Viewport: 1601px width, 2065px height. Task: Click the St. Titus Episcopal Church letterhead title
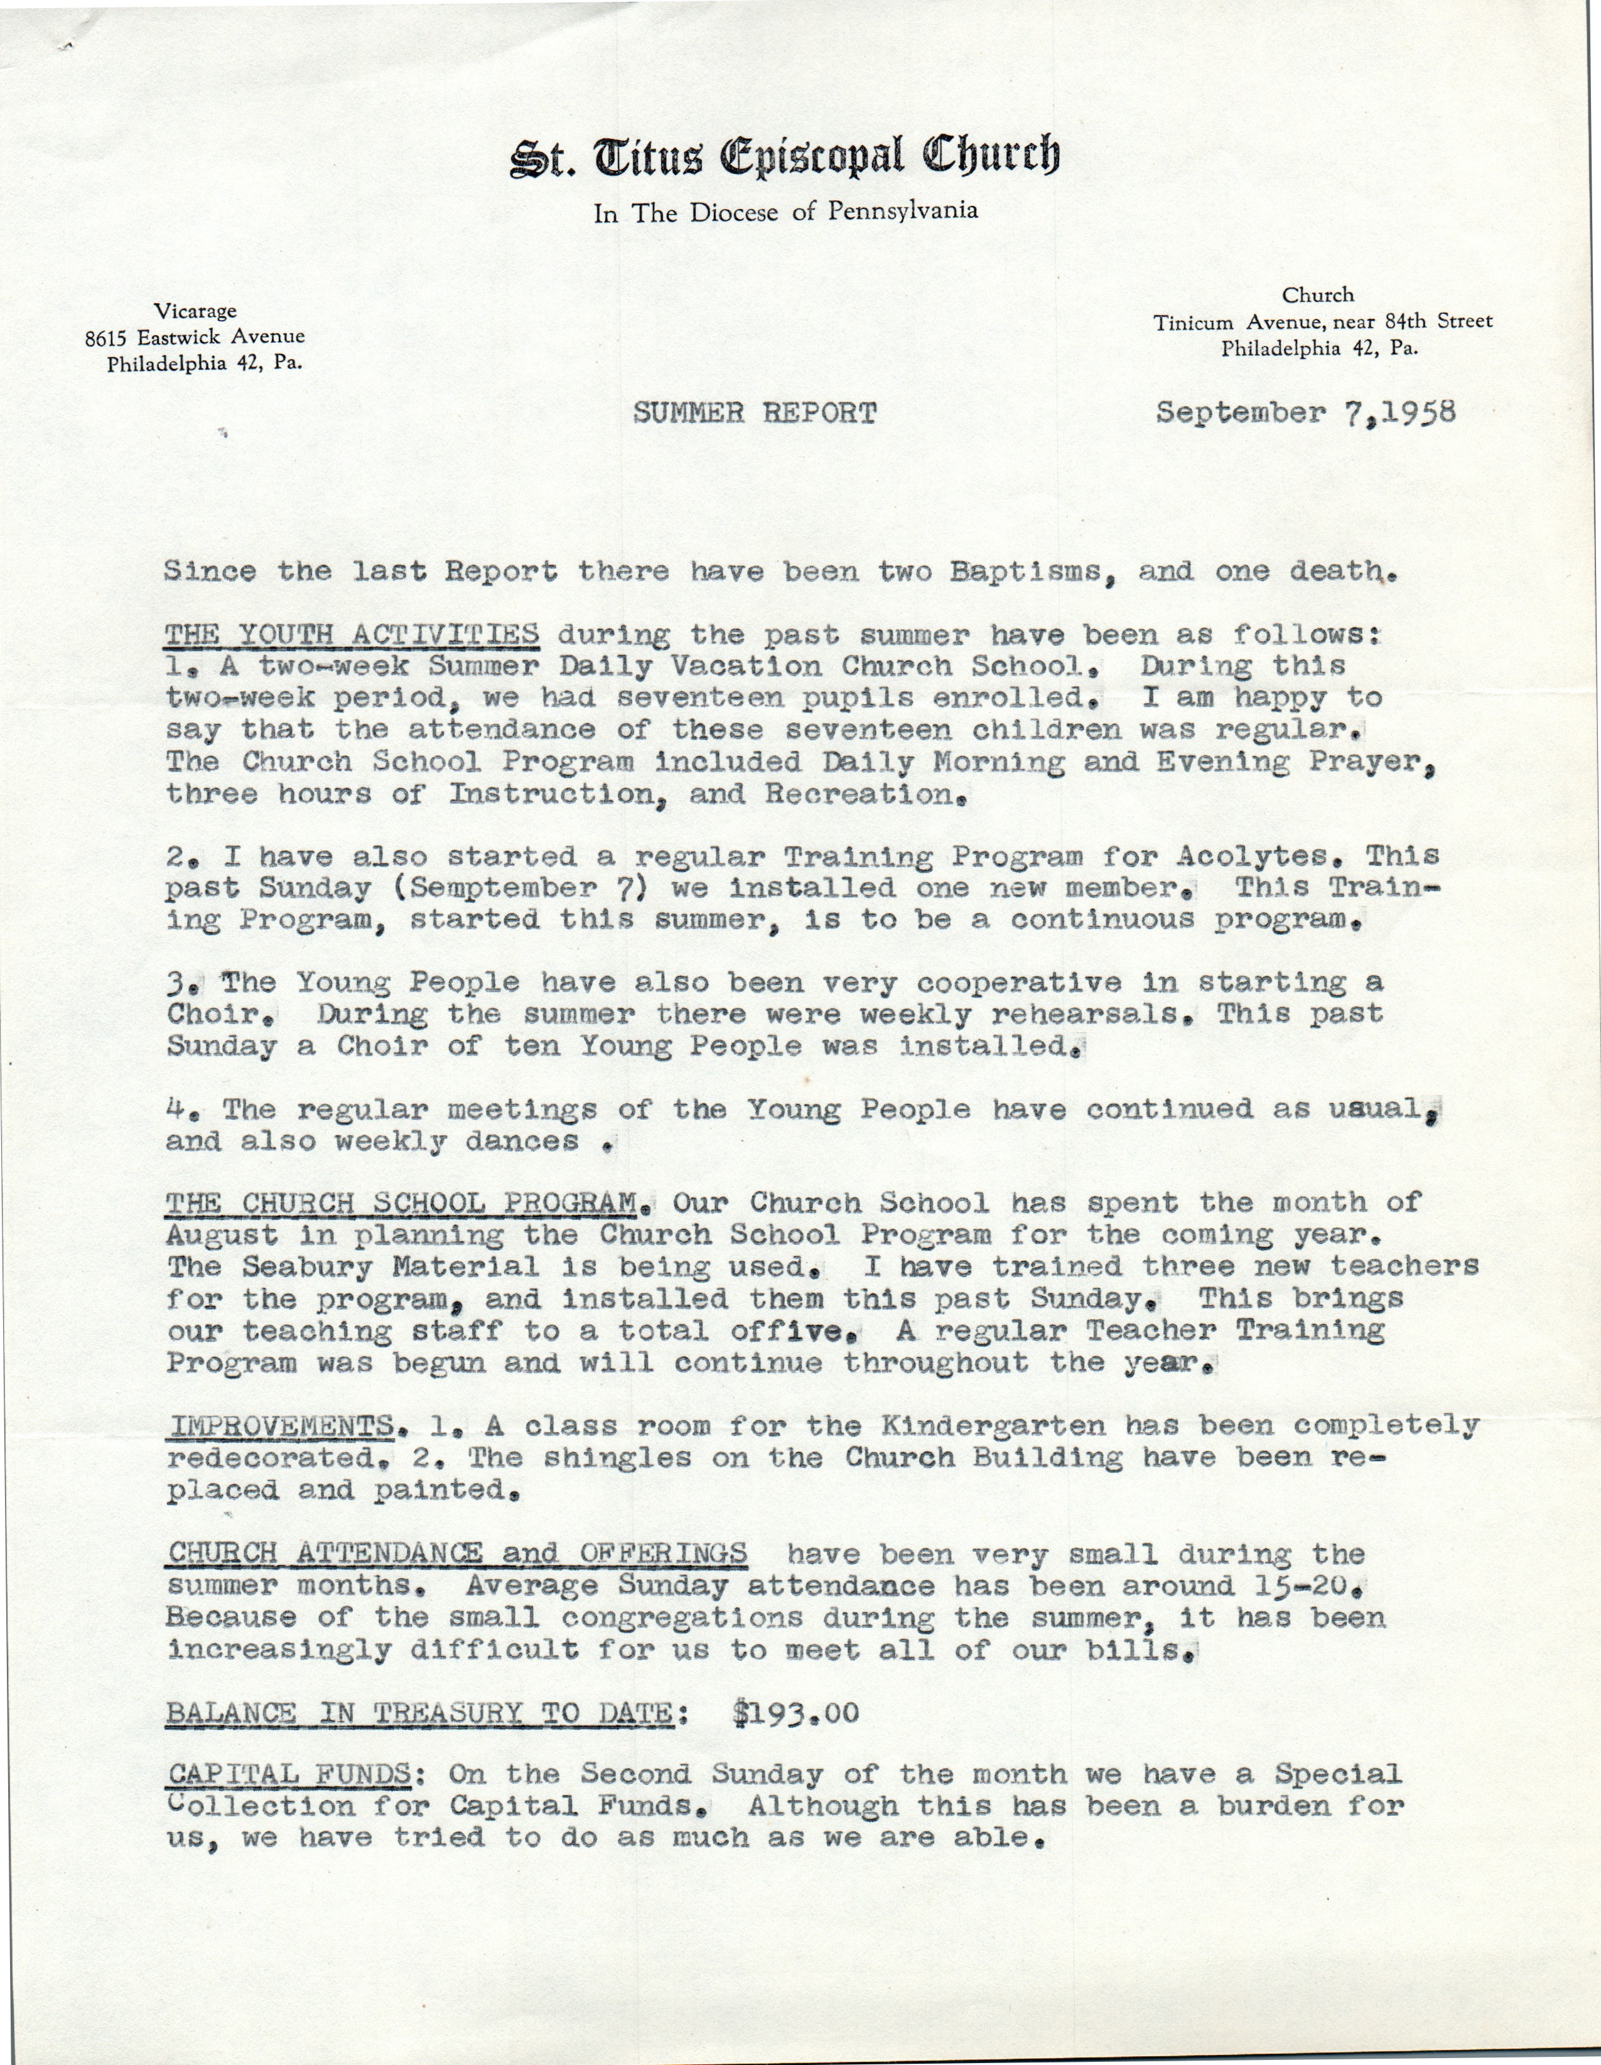(x=785, y=157)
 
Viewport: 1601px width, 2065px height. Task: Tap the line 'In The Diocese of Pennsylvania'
(x=785, y=212)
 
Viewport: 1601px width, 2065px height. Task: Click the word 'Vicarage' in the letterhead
(x=197, y=310)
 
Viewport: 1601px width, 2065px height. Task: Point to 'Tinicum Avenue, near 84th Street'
(x=1322, y=321)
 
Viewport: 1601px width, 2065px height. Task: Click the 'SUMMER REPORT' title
(x=753, y=413)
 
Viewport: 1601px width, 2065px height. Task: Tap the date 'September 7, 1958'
(x=1305, y=413)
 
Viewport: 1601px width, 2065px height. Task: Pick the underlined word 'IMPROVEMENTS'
(x=280, y=1426)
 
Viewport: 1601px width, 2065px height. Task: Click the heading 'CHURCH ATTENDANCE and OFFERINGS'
(x=456, y=1553)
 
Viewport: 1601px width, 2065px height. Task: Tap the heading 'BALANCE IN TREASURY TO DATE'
(x=421, y=1713)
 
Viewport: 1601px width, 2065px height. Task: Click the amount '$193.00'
(x=795, y=1713)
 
